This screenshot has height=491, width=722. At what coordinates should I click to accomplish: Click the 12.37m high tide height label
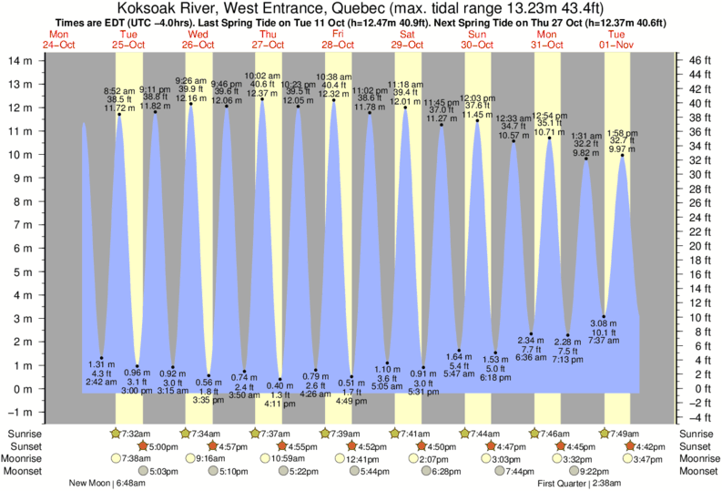262,94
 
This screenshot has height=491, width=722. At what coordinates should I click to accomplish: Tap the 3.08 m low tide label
605,323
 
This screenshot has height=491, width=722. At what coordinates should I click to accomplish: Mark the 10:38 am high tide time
334,77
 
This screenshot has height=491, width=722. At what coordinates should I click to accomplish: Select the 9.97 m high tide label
623,148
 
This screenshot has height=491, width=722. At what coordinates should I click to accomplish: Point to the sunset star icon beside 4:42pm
633,445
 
